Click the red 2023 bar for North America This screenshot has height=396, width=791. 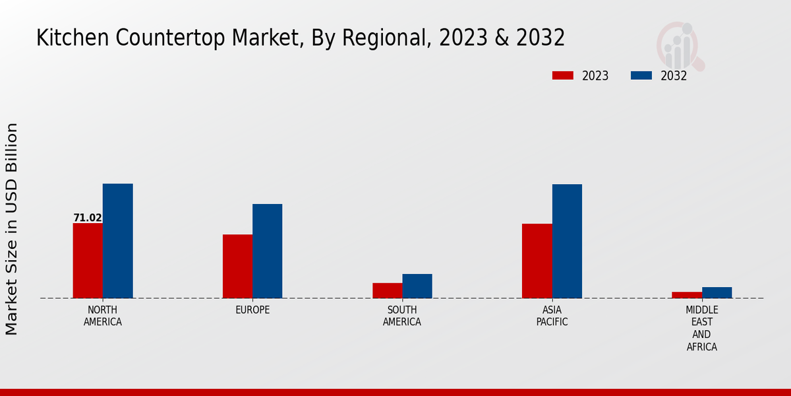click(88, 261)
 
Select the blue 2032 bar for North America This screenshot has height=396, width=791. click(117, 241)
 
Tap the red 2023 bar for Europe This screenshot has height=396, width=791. click(237, 266)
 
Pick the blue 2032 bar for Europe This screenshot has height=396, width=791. click(267, 251)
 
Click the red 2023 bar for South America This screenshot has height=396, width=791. click(387, 290)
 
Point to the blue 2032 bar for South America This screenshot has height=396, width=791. click(417, 286)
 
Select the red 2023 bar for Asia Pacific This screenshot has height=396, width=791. click(537, 261)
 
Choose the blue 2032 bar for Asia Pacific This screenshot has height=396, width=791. click(567, 241)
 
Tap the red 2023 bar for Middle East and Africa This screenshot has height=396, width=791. click(687, 294)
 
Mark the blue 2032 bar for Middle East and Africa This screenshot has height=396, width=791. click(717, 292)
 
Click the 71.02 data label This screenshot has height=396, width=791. click(88, 218)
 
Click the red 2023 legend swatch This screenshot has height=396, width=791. click(563, 75)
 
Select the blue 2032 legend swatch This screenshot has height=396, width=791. click(641, 75)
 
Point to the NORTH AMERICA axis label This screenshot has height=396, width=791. click(103, 316)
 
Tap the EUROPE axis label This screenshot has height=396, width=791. click(252, 310)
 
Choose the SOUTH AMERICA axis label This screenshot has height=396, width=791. click(402, 316)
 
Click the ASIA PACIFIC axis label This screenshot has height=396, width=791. click(552, 316)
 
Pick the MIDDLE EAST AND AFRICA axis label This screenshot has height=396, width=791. click(702, 329)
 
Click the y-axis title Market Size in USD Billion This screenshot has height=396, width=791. click(12, 228)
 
